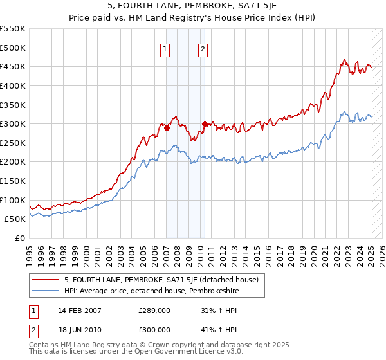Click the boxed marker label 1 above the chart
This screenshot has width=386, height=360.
tap(165, 49)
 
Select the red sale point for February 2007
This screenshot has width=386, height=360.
tap(167, 128)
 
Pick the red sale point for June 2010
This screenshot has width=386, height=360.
tap(205, 123)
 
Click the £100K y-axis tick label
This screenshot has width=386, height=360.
tap(14, 200)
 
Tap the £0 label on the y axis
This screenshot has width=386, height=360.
tap(20, 239)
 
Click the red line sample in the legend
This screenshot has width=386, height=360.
tap(46, 280)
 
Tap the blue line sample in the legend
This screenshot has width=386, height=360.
tap(46, 291)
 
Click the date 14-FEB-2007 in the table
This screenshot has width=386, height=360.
tap(79, 310)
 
